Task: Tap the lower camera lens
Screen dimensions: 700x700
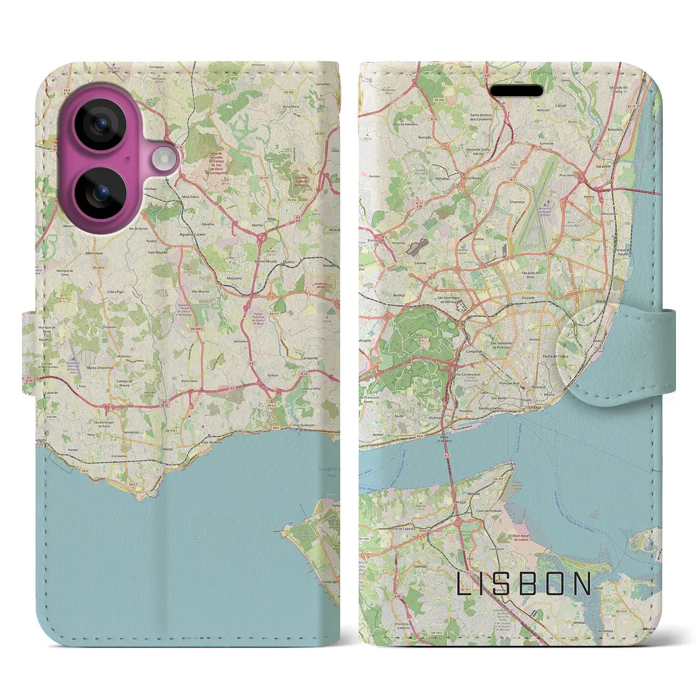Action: [x=101, y=192]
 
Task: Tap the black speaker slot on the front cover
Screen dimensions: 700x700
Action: [x=516, y=90]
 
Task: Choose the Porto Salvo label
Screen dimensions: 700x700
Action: [x=189, y=381]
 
